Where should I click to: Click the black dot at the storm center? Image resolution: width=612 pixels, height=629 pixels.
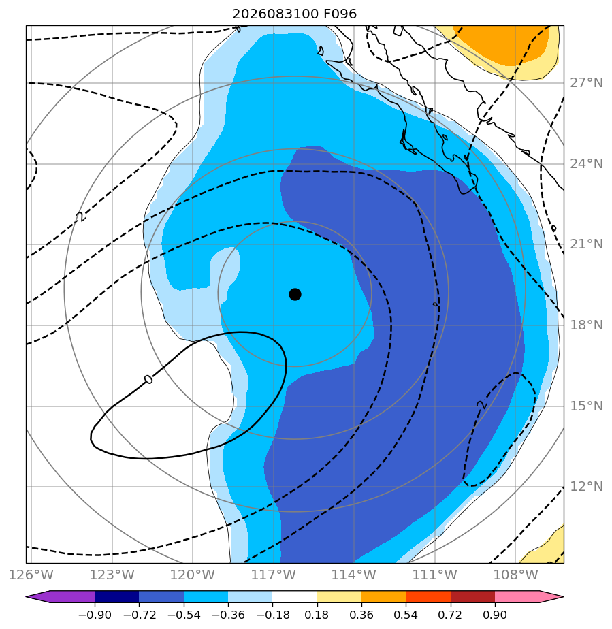point(295,295)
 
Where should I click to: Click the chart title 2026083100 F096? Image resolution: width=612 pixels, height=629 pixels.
point(294,14)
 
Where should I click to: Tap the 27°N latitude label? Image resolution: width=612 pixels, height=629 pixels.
point(586,83)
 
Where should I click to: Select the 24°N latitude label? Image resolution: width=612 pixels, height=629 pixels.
point(586,163)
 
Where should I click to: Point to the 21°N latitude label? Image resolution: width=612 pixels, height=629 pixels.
point(586,244)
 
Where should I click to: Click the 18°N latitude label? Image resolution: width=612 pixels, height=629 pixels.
point(586,325)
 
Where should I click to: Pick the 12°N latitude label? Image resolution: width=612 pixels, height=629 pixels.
point(586,487)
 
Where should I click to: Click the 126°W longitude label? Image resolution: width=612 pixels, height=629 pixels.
point(31,575)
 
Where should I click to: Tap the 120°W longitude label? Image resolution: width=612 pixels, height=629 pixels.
point(193,575)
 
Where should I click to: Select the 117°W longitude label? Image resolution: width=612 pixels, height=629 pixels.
point(274,575)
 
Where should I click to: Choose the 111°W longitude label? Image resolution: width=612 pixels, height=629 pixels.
point(435,575)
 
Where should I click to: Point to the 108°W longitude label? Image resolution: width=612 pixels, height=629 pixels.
point(516,575)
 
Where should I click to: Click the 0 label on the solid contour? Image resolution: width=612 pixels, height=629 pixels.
point(148,379)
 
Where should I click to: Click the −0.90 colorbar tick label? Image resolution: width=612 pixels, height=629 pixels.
point(95,615)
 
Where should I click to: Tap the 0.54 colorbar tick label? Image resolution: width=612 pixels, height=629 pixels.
point(406,615)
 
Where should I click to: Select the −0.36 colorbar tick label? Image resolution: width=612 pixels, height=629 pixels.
point(228,615)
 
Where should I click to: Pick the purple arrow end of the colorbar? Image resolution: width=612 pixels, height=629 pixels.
point(60,596)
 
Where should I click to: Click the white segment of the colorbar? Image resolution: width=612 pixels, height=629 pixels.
point(295,596)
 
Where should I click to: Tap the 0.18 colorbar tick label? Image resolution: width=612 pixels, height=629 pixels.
point(317,615)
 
